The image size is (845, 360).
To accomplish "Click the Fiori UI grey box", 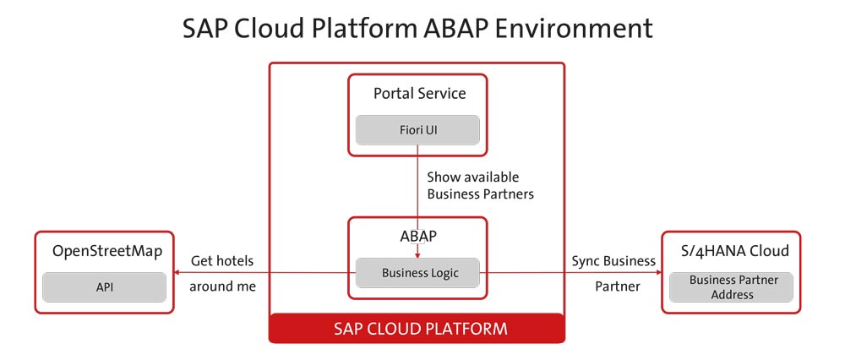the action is click(x=417, y=130).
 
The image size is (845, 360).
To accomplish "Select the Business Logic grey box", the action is click(x=417, y=273).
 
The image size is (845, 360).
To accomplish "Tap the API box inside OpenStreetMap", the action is click(x=105, y=287).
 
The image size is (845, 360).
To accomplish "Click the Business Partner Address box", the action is click(x=731, y=287).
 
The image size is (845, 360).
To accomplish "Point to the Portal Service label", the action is click(x=420, y=93).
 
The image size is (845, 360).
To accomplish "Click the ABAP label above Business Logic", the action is click(x=417, y=236).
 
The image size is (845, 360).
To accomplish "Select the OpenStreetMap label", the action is click(x=107, y=251).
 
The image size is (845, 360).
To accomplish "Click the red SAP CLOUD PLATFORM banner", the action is click(x=417, y=328).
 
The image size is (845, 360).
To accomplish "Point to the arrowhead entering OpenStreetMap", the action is click(x=177, y=273).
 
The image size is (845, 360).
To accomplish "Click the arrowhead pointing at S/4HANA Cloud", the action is click(x=658, y=273).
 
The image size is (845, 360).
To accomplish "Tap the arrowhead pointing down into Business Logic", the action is click(x=417, y=255).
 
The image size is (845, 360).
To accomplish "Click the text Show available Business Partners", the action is click(x=480, y=185).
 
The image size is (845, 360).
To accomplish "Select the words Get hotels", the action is click(x=222, y=261).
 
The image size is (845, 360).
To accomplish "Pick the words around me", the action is click(x=222, y=286).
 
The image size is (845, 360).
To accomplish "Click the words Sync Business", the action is click(x=613, y=261).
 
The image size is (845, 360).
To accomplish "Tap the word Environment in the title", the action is click(x=573, y=29).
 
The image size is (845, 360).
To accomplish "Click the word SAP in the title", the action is click(x=204, y=29).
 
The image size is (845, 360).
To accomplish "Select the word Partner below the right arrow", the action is click(x=618, y=286).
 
